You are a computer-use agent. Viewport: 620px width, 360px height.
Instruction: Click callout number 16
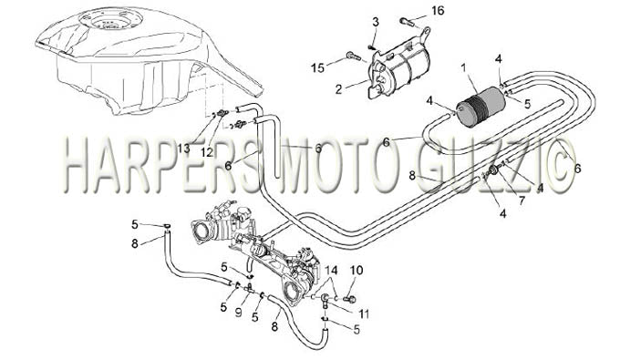[x=438, y=10]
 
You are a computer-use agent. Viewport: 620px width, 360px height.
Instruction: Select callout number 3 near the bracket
[x=376, y=22]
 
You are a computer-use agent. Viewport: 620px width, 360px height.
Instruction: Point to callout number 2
[x=338, y=89]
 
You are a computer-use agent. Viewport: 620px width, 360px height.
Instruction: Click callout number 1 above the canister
[x=463, y=68]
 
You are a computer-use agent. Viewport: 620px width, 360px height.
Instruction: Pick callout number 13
[x=183, y=149]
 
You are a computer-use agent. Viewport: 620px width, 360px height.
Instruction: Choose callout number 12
[x=206, y=152]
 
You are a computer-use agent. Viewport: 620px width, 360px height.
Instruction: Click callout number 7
[x=522, y=201]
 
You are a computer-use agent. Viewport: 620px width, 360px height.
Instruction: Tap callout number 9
[x=238, y=313]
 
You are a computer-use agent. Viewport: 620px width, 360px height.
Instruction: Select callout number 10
[x=356, y=271]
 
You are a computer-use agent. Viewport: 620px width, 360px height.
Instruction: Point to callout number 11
[x=364, y=314]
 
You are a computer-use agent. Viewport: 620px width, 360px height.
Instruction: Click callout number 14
[x=331, y=271]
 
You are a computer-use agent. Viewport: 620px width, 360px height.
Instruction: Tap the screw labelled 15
[x=354, y=57]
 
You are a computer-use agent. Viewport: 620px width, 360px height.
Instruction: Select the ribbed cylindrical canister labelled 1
[x=480, y=107]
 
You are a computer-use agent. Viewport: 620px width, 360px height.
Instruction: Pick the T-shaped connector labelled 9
[x=250, y=290]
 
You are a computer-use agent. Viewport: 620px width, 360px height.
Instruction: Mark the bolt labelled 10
[x=349, y=299]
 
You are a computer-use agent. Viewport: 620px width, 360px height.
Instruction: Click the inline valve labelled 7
[x=493, y=171]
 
